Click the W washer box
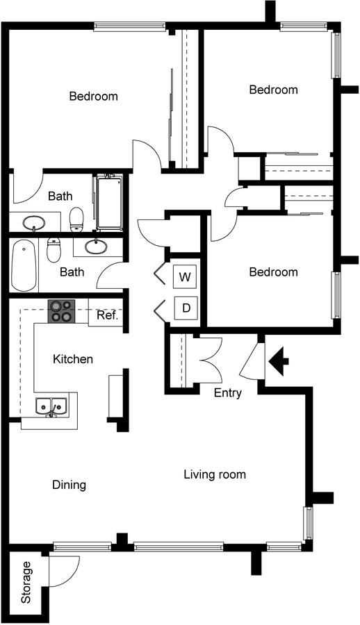pyautogui.click(x=184, y=276)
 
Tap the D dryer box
pyautogui.click(x=184, y=308)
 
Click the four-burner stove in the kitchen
pyautogui.click(x=61, y=310)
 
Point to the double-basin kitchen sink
pyautogui.click(x=51, y=406)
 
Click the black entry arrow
pyautogui.click(x=279, y=360)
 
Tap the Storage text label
pyautogui.click(x=26, y=582)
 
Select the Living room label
pyautogui.click(x=215, y=475)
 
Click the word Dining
pyautogui.click(x=69, y=485)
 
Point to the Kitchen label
pyautogui.click(x=73, y=359)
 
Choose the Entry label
pyautogui.click(x=227, y=393)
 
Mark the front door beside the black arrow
pyautogui.click(x=252, y=361)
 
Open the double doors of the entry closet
pyautogui.click(x=207, y=358)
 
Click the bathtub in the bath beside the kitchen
pyautogui.click(x=24, y=265)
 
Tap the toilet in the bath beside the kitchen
pyautogui.click(x=54, y=249)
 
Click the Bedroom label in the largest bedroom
pyautogui.click(x=93, y=97)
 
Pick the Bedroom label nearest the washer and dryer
pyautogui.click(x=273, y=272)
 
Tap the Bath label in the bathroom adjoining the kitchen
pyautogui.click(x=72, y=272)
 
